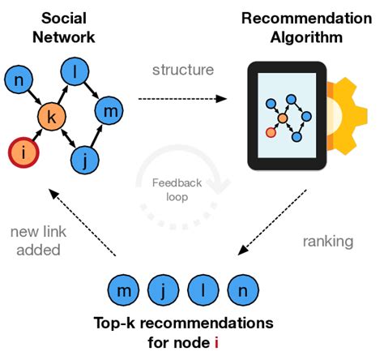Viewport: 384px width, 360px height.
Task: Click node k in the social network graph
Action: coord(52,118)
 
